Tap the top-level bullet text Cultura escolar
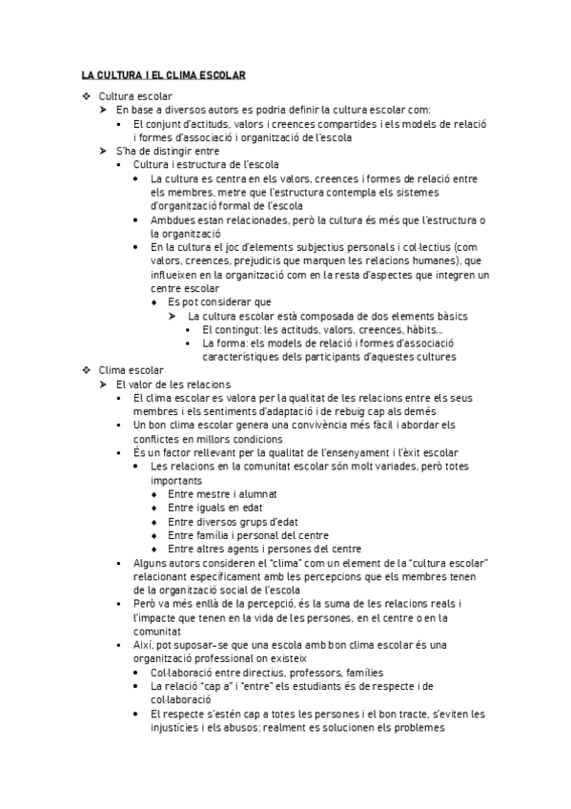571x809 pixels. coord(135,96)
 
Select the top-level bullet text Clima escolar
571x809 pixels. coord(132,370)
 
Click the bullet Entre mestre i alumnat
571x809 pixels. coord(221,494)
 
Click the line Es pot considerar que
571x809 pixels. coord(218,301)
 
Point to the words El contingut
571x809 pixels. coord(229,329)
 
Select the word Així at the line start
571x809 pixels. coord(144,645)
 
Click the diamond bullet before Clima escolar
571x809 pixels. coord(86,370)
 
